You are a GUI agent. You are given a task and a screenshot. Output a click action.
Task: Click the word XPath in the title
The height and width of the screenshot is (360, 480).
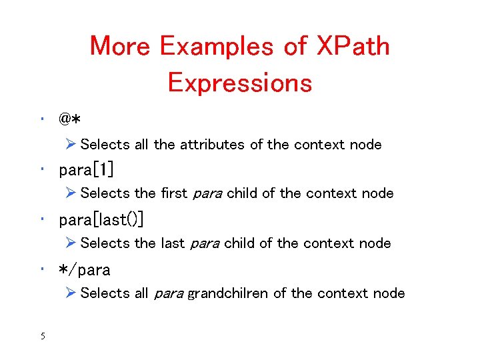click(x=353, y=47)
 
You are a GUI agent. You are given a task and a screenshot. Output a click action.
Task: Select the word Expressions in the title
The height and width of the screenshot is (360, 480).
click(x=240, y=83)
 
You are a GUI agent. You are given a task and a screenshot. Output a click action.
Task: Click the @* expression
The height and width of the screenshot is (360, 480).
click(x=69, y=120)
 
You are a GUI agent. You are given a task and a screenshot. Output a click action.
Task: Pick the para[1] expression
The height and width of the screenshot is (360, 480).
click(x=86, y=170)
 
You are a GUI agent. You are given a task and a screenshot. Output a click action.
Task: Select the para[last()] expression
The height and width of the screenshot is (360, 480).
click(x=101, y=220)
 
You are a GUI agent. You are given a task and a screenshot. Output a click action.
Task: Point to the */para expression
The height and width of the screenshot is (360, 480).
click(x=85, y=270)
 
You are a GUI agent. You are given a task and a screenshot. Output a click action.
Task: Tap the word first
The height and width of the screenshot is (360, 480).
click(x=174, y=193)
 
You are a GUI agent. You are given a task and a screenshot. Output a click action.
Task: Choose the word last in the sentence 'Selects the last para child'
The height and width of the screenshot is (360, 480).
click(x=173, y=243)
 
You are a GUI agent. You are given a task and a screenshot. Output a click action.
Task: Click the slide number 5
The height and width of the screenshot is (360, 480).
click(x=42, y=336)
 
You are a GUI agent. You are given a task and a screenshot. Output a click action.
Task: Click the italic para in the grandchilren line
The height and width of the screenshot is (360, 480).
click(x=169, y=293)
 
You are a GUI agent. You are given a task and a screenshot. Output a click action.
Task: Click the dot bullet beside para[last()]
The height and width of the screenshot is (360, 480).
click(x=41, y=220)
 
